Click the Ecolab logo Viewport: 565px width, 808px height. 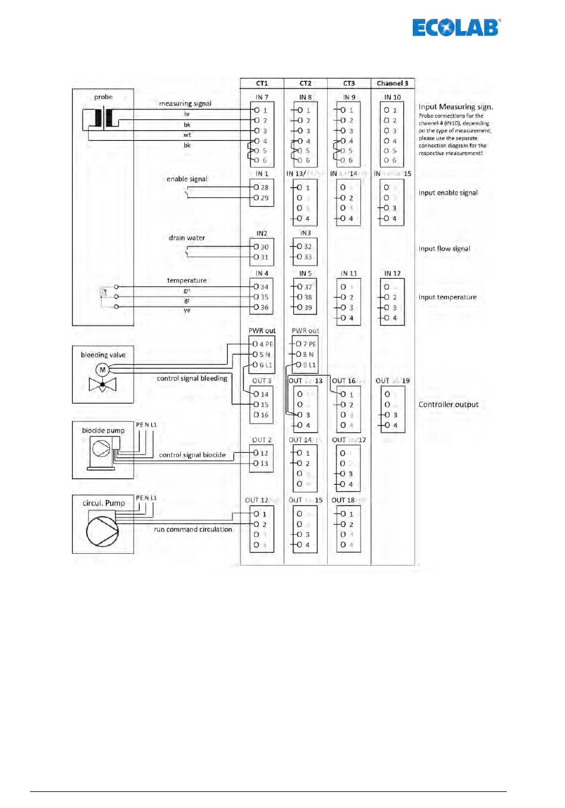456,27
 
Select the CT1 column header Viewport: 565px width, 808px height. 262,83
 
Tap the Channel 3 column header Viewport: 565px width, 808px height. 393,83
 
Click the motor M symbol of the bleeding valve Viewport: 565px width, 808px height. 102,370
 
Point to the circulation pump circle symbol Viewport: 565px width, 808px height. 102,530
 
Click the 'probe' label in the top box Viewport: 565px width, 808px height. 103,97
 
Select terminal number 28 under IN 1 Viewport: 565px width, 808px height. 264,188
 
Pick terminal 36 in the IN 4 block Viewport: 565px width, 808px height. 264,307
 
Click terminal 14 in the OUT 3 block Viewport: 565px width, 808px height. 264,394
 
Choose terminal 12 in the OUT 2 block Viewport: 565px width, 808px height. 264,453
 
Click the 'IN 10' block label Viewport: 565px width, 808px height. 393,97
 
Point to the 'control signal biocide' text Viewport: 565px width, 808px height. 192,455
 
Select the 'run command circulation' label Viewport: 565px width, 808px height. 193,529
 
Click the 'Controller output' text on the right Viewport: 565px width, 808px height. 448,405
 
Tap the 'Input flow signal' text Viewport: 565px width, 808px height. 444,249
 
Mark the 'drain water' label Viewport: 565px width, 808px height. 187,238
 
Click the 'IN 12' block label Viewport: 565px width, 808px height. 393,274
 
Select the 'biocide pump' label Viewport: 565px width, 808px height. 103,431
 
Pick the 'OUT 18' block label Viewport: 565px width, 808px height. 343,500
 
